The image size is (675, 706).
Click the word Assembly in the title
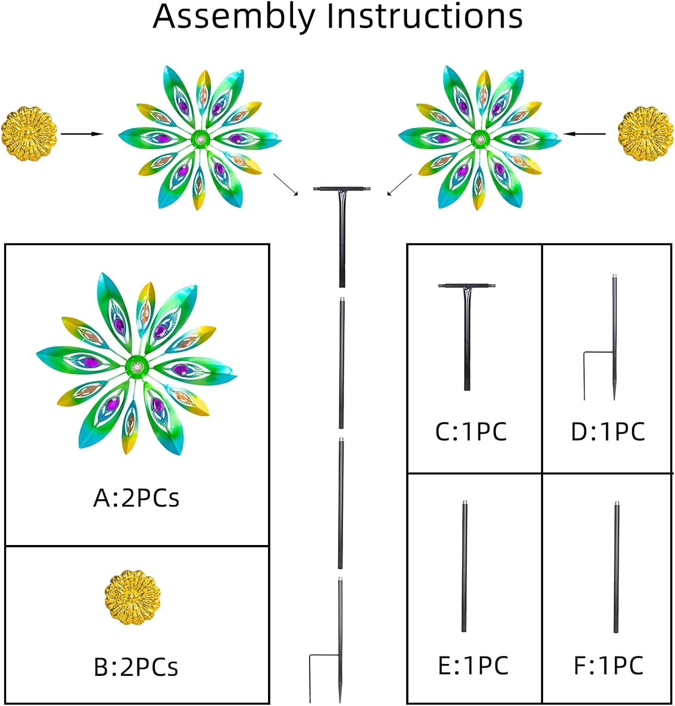[x=234, y=16]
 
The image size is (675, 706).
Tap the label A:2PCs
[x=136, y=498]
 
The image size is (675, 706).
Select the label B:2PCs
[x=136, y=667]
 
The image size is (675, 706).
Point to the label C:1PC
[x=471, y=432]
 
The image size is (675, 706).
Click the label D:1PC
[x=608, y=432]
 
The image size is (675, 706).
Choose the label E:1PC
[x=473, y=666]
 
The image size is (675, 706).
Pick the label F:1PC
[x=608, y=666]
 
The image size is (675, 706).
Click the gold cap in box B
[x=132, y=597]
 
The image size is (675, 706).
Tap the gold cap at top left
[x=29, y=134]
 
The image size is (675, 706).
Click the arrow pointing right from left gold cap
[x=82, y=134]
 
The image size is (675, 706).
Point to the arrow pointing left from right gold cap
[x=585, y=134]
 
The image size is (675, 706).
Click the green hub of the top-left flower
[x=201, y=138]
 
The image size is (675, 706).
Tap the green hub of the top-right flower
[x=480, y=138]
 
